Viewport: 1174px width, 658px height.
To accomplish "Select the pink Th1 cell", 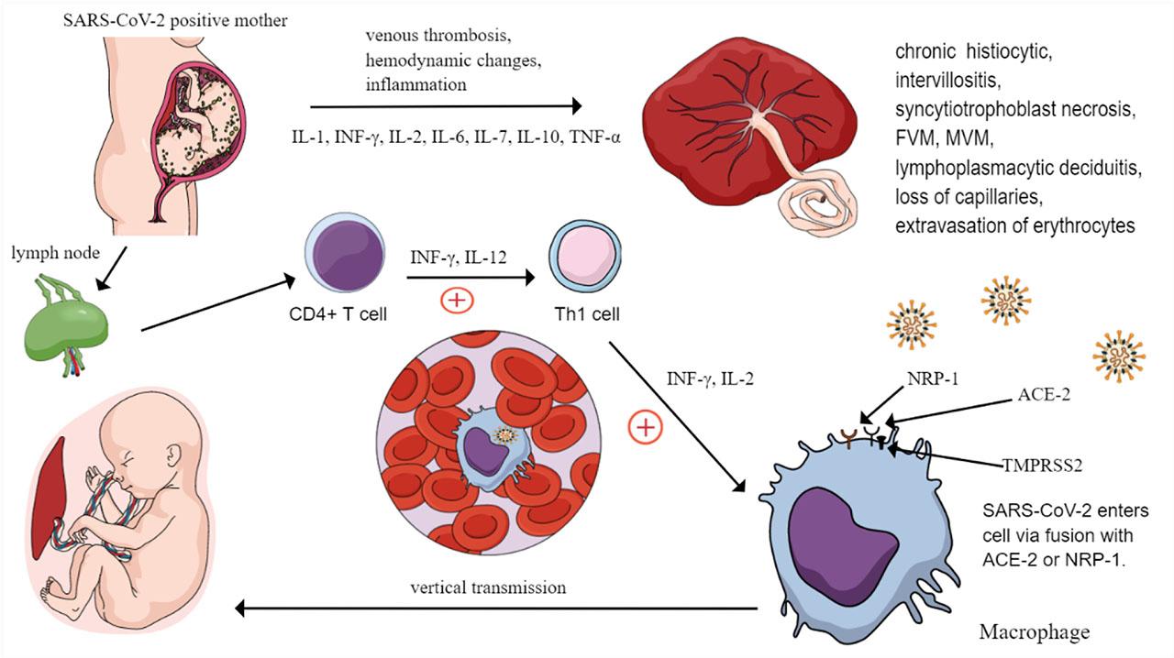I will pyautogui.click(x=583, y=259).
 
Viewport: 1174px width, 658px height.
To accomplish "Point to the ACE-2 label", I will pyautogui.click(x=1045, y=395).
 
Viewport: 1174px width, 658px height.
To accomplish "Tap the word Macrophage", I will pyautogui.click(x=1035, y=632).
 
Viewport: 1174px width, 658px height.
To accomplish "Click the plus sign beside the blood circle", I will pyautogui.click(x=646, y=427).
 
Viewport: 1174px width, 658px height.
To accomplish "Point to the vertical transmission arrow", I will pyautogui.click(x=495, y=608).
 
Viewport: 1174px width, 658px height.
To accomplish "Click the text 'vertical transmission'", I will pyautogui.click(x=488, y=587).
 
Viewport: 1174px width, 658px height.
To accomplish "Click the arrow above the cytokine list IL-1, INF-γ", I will pyautogui.click(x=446, y=106).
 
